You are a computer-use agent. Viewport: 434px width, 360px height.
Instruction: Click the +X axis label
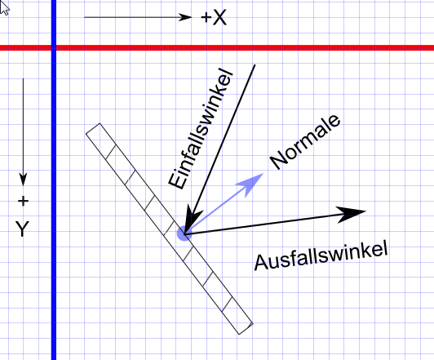[x=214, y=18]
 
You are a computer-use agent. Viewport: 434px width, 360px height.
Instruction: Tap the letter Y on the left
[x=22, y=229]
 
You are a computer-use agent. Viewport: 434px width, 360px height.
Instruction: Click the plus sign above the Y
[x=23, y=201]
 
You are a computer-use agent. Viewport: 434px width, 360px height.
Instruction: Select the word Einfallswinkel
[x=201, y=128]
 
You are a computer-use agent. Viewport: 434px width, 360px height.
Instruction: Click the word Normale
[x=305, y=142]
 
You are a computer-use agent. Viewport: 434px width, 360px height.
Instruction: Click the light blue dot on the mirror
[x=184, y=233]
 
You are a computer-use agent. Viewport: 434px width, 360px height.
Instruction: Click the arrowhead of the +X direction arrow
[x=184, y=17]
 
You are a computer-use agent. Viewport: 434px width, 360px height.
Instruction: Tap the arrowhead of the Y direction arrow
[x=23, y=180]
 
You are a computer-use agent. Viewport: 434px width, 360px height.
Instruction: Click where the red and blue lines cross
[x=54, y=48]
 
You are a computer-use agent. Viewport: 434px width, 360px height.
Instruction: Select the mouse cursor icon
[x=4, y=7]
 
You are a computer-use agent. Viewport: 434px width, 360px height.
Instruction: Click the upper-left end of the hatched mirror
[x=93, y=128]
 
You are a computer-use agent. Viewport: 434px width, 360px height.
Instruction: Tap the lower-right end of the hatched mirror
[x=246, y=328]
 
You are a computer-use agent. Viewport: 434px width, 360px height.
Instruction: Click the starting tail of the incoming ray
[x=255, y=65]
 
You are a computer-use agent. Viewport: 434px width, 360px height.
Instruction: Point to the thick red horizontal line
[x=217, y=48]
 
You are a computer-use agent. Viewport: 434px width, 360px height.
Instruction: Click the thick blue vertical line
[x=54, y=180]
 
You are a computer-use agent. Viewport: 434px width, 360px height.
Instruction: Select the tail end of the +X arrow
[x=85, y=17]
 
